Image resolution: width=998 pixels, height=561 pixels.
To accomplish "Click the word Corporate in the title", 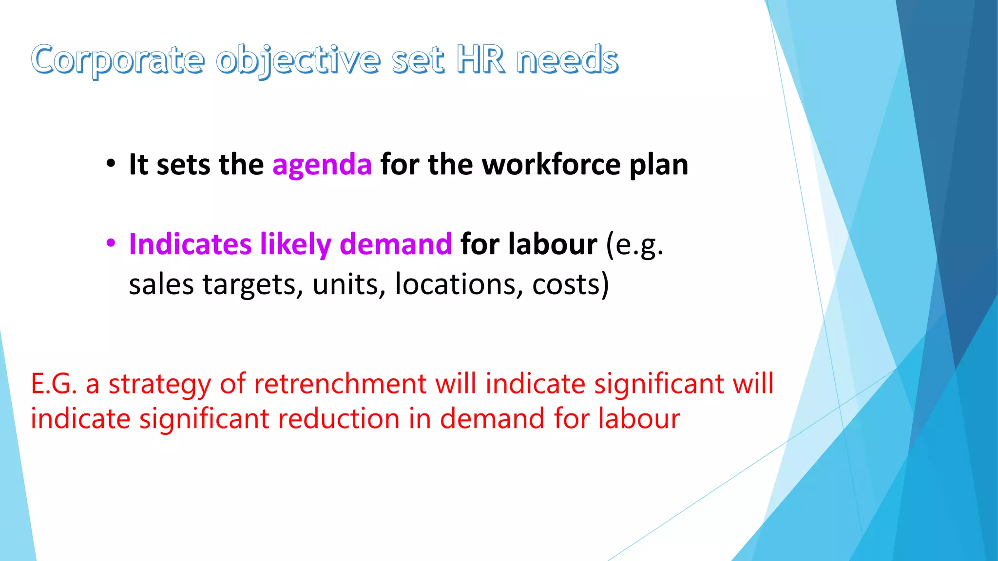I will pyautogui.click(x=117, y=60).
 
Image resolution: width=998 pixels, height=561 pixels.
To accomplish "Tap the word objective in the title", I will pyautogui.click(x=298, y=60).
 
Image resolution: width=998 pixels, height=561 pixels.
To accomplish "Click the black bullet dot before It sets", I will pyautogui.click(x=111, y=163).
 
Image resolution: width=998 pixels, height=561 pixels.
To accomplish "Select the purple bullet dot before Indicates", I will pyautogui.click(x=111, y=243).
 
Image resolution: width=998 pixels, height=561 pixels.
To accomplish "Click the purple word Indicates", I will pyautogui.click(x=190, y=244).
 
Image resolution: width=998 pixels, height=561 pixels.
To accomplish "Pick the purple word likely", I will pyautogui.click(x=295, y=245).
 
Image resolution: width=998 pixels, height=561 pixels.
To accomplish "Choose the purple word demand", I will pyautogui.click(x=396, y=244).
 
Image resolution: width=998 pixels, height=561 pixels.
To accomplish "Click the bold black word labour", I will pyautogui.click(x=553, y=244).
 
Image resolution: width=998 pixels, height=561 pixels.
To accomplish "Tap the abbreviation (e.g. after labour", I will pyautogui.click(x=634, y=245).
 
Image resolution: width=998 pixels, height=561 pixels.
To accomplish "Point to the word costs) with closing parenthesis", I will pyautogui.click(x=571, y=285).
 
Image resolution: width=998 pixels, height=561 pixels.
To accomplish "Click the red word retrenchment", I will pyautogui.click(x=340, y=384).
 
